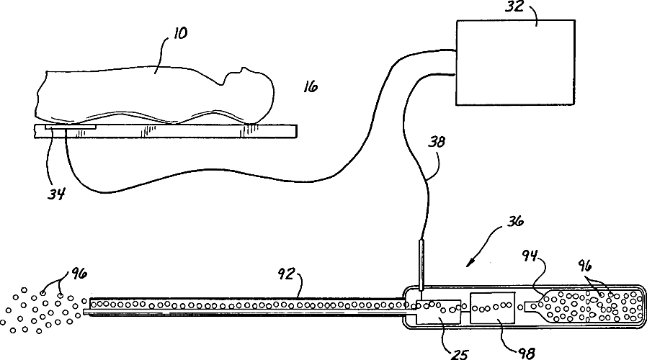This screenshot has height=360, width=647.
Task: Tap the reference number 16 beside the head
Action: point(311,86)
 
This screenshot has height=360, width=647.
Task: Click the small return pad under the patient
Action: point(70,127)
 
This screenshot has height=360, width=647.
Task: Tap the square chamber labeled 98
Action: point(493,308)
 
